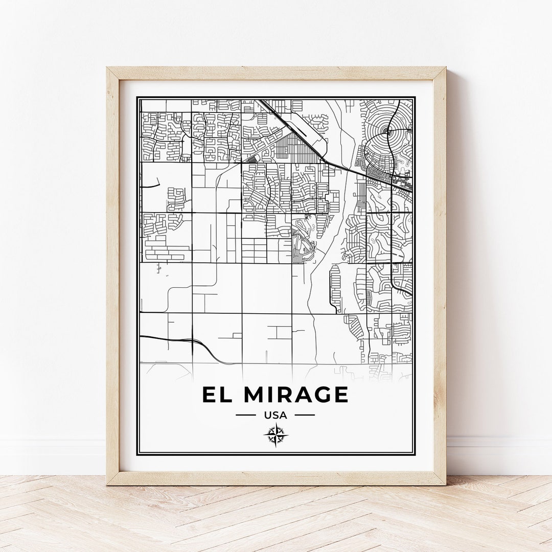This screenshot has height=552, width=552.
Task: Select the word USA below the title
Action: click(275, 415)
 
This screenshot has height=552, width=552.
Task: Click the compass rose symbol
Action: click(275, 435)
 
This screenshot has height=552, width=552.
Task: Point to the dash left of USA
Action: click(245, 415)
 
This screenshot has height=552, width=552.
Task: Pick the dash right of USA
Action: click(305, 415)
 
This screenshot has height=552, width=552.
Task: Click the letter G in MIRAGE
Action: click(320, 395)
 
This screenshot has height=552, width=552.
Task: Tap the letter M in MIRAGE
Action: click(255, 395)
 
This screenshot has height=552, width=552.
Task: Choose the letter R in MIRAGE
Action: click(284, 395)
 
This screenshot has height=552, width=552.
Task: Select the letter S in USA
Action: click(275, 415)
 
